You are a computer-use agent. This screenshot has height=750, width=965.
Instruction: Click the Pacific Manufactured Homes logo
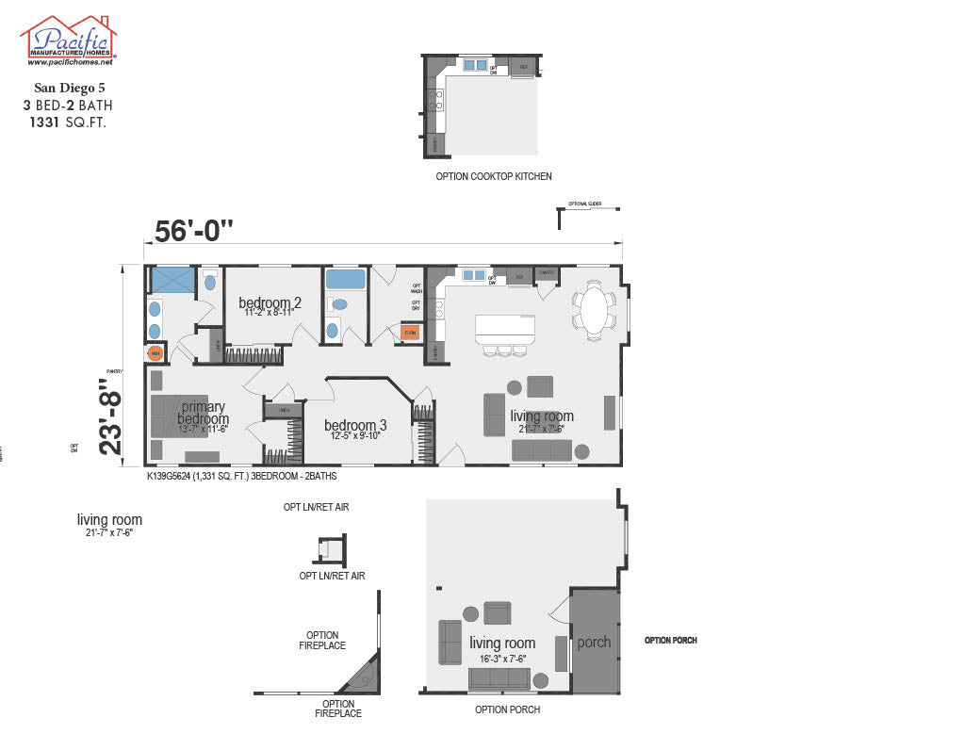click(x=69, y=41)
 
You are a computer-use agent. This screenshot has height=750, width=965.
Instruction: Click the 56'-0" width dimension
click(x=193, y=229)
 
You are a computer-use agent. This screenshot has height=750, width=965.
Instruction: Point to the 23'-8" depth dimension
click(x=112, y=416)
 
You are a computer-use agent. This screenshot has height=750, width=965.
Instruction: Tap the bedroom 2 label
click(x=270, y=302)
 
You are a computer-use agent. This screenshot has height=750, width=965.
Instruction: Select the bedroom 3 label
click(x=355, y=424)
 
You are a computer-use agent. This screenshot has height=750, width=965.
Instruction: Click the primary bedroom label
click(x=203, y=413)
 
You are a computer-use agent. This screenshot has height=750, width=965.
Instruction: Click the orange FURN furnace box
click(x=410, y=333)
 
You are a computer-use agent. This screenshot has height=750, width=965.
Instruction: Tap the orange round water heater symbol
click(x=155, y=353)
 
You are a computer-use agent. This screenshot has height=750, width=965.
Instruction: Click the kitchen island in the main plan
click(x=505, y=329)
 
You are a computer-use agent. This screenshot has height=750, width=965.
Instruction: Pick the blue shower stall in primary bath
click(x=172, y=281)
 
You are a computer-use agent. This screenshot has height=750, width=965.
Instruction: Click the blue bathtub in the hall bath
click(x=345, y=280)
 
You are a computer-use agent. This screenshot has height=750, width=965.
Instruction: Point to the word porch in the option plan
click(x=594, y=643)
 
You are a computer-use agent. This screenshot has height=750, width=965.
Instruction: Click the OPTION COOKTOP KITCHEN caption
click(x=494, y=176)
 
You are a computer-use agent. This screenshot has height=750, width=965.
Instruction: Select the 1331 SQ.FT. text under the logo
click(x=67, y=122)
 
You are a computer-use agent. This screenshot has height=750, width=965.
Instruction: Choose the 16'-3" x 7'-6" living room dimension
click(x=502, y=659)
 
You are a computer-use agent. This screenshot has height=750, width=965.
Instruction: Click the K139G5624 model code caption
click(x=241, y=477)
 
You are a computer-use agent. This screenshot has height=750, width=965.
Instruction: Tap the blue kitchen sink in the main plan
click(x=474, y=275)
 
